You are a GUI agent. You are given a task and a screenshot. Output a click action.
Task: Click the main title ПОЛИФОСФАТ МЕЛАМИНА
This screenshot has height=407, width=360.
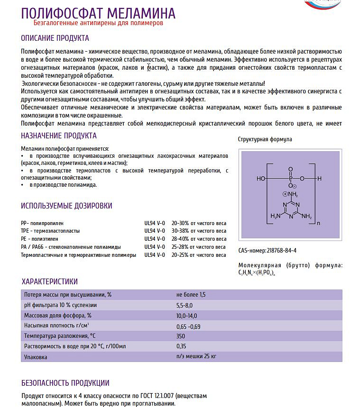click(x=98, y=13)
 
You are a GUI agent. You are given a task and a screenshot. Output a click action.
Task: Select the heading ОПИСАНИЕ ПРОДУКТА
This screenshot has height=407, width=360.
click(x=55, y=38)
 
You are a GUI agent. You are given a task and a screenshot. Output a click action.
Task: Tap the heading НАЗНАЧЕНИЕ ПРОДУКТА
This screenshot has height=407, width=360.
click(x=59, y=136)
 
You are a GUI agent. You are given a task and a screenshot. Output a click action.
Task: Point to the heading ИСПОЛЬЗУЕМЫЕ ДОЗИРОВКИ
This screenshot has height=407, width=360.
click(x=66, y=206)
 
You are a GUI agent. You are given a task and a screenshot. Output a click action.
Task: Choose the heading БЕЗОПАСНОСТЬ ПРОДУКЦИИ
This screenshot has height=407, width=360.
click(x=65, y=383)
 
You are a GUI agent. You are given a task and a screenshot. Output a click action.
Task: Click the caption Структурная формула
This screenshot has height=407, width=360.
click(x=265, y=139)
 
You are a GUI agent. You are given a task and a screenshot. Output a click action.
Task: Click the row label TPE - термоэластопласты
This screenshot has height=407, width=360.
click(x=50, y=231)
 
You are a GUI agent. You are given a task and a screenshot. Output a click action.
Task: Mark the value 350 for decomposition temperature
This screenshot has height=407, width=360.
click(x=181, y=336)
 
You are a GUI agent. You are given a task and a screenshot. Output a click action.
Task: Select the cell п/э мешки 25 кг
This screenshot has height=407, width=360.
click(x=196, y=356)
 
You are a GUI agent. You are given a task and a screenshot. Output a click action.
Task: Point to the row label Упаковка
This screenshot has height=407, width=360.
click(x=35, y=356)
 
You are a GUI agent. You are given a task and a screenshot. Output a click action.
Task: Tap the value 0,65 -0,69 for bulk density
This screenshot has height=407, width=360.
click(x=188, y=326)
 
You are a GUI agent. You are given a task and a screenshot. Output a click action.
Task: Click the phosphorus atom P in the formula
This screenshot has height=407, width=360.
click(x=290, y=179)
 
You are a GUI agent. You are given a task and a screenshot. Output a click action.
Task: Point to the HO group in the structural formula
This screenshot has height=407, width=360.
click(x=261, y=179)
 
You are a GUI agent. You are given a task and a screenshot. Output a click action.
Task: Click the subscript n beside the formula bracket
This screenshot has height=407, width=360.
click(x=318, y=223)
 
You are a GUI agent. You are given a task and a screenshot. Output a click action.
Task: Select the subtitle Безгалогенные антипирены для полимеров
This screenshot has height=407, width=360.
click(x=98, y=23)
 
